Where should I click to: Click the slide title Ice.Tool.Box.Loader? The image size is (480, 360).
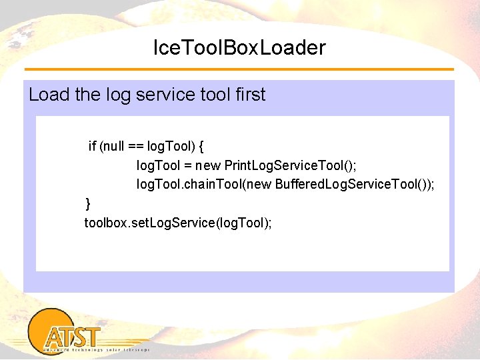pyautogui.click(x=239, y=48)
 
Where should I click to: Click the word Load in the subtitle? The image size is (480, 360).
pyautogui.click(x=49, y=95)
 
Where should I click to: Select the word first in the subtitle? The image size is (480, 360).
pyautogui.click(x=250, y=95)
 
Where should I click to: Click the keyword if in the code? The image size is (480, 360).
pyautogui.click(x=93, y=145)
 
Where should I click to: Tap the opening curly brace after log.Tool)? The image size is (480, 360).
pyautogui.click(x=201, y=145)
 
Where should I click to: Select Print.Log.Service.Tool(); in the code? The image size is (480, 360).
pyautogui.click(x=291, y=165)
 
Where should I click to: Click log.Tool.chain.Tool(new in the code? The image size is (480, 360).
pyautogui.click(x=203, y=184)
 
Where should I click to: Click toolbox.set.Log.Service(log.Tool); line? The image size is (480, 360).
pyautogui.click(x=177, y=222)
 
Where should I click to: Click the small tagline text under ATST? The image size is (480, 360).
pyautogui.click(x=97, y=349)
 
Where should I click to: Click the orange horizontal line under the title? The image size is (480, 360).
pyautogui.click(x=239, y=69)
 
